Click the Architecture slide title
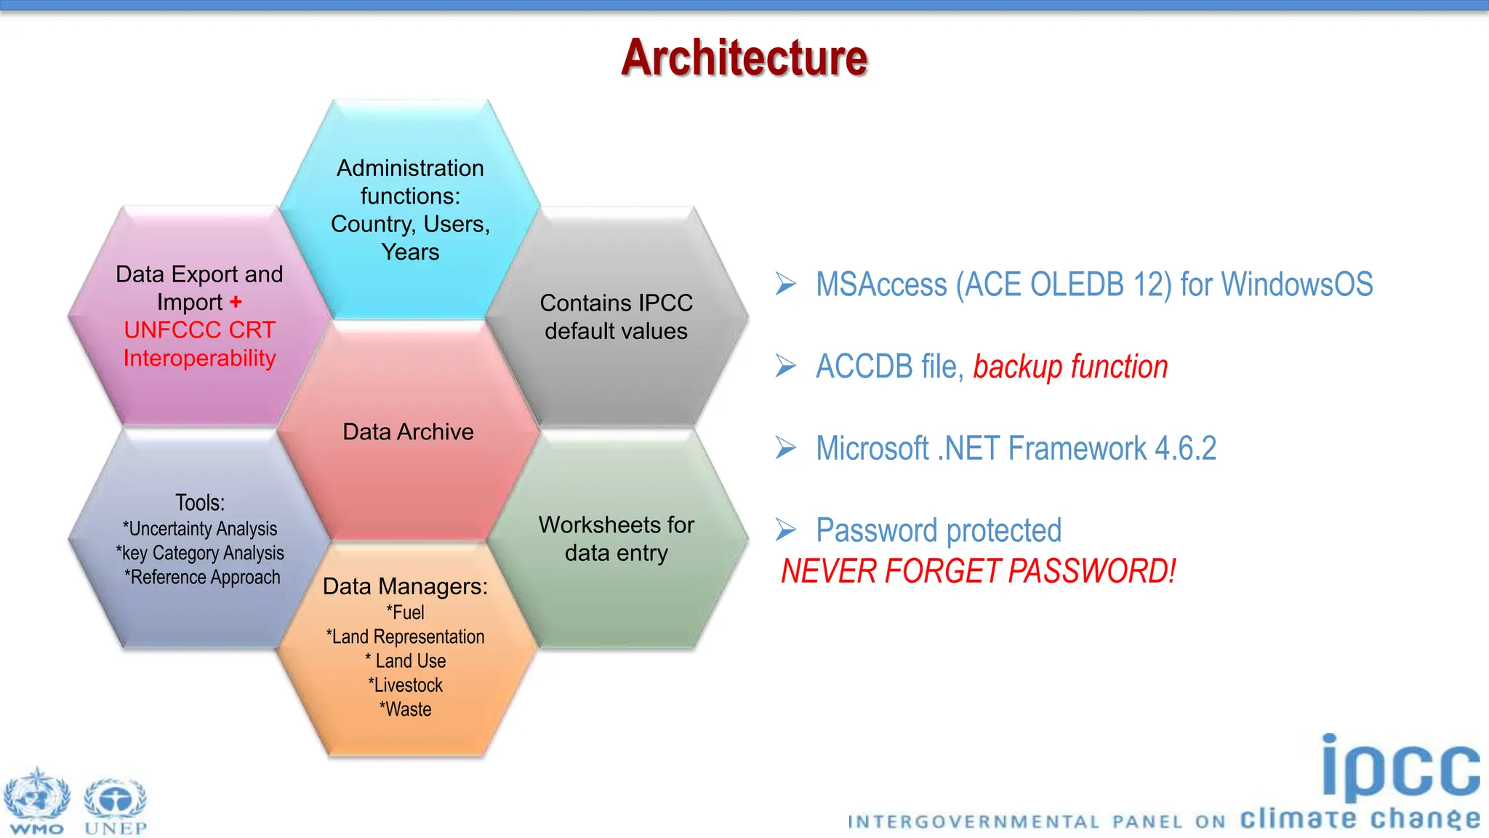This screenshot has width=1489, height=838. tap(744, 57)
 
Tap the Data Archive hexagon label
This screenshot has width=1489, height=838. tap(408, 432)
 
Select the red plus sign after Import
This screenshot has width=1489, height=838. tap(236, 302)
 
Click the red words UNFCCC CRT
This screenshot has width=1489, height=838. tap(199, 330)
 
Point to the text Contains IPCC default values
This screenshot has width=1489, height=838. tap(616, 317)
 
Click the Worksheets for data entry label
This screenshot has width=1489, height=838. tap(616, 539)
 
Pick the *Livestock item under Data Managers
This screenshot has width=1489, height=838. tap(406, 685)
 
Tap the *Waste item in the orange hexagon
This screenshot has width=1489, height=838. tap(406, 709)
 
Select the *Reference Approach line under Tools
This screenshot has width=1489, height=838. tap(202, 578)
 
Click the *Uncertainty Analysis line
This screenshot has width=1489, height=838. tap(200, 529)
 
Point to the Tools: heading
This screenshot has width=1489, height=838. tap(200, 503)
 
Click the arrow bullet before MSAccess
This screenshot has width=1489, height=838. tap(786, 284)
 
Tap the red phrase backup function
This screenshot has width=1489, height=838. tap(1070, 367)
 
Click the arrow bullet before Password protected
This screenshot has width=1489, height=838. tap(786, 530)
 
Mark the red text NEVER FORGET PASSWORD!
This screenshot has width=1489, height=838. tap(978, 571)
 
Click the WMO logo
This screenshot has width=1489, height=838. tap(36, 800)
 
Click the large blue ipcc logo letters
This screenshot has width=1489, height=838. tap(1400, 767)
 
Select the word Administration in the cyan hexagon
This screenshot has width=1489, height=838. tap(410, 169)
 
